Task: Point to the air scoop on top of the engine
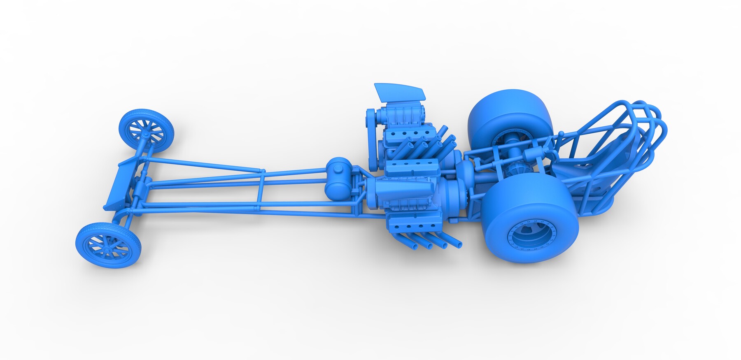tap(399, 91)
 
